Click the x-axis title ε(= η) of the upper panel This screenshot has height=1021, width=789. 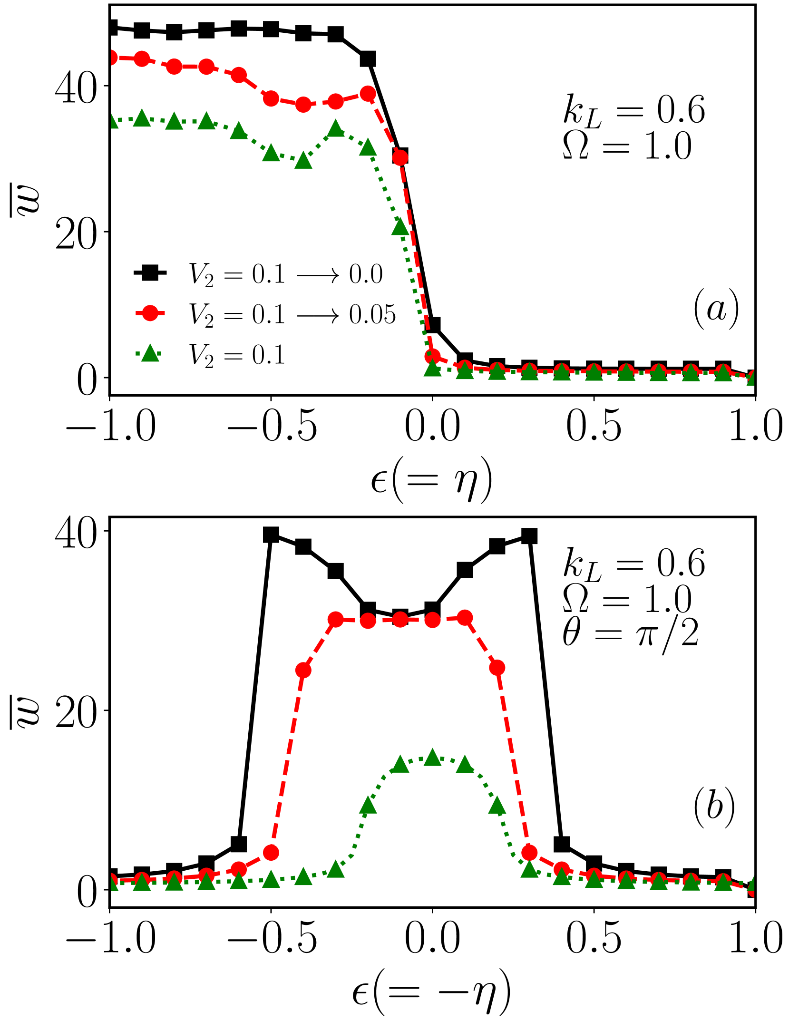tap(431, 480)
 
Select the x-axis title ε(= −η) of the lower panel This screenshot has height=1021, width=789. tap(431, 992)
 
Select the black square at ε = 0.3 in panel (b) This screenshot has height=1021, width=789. tap(529, 536)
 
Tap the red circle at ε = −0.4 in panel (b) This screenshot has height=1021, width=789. tap(303, 671)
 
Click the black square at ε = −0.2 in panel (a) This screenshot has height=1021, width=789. tap(368, 59)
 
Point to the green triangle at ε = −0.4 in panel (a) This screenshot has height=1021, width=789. tap(303, 161)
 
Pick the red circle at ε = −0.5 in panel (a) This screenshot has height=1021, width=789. tap(271, 99)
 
